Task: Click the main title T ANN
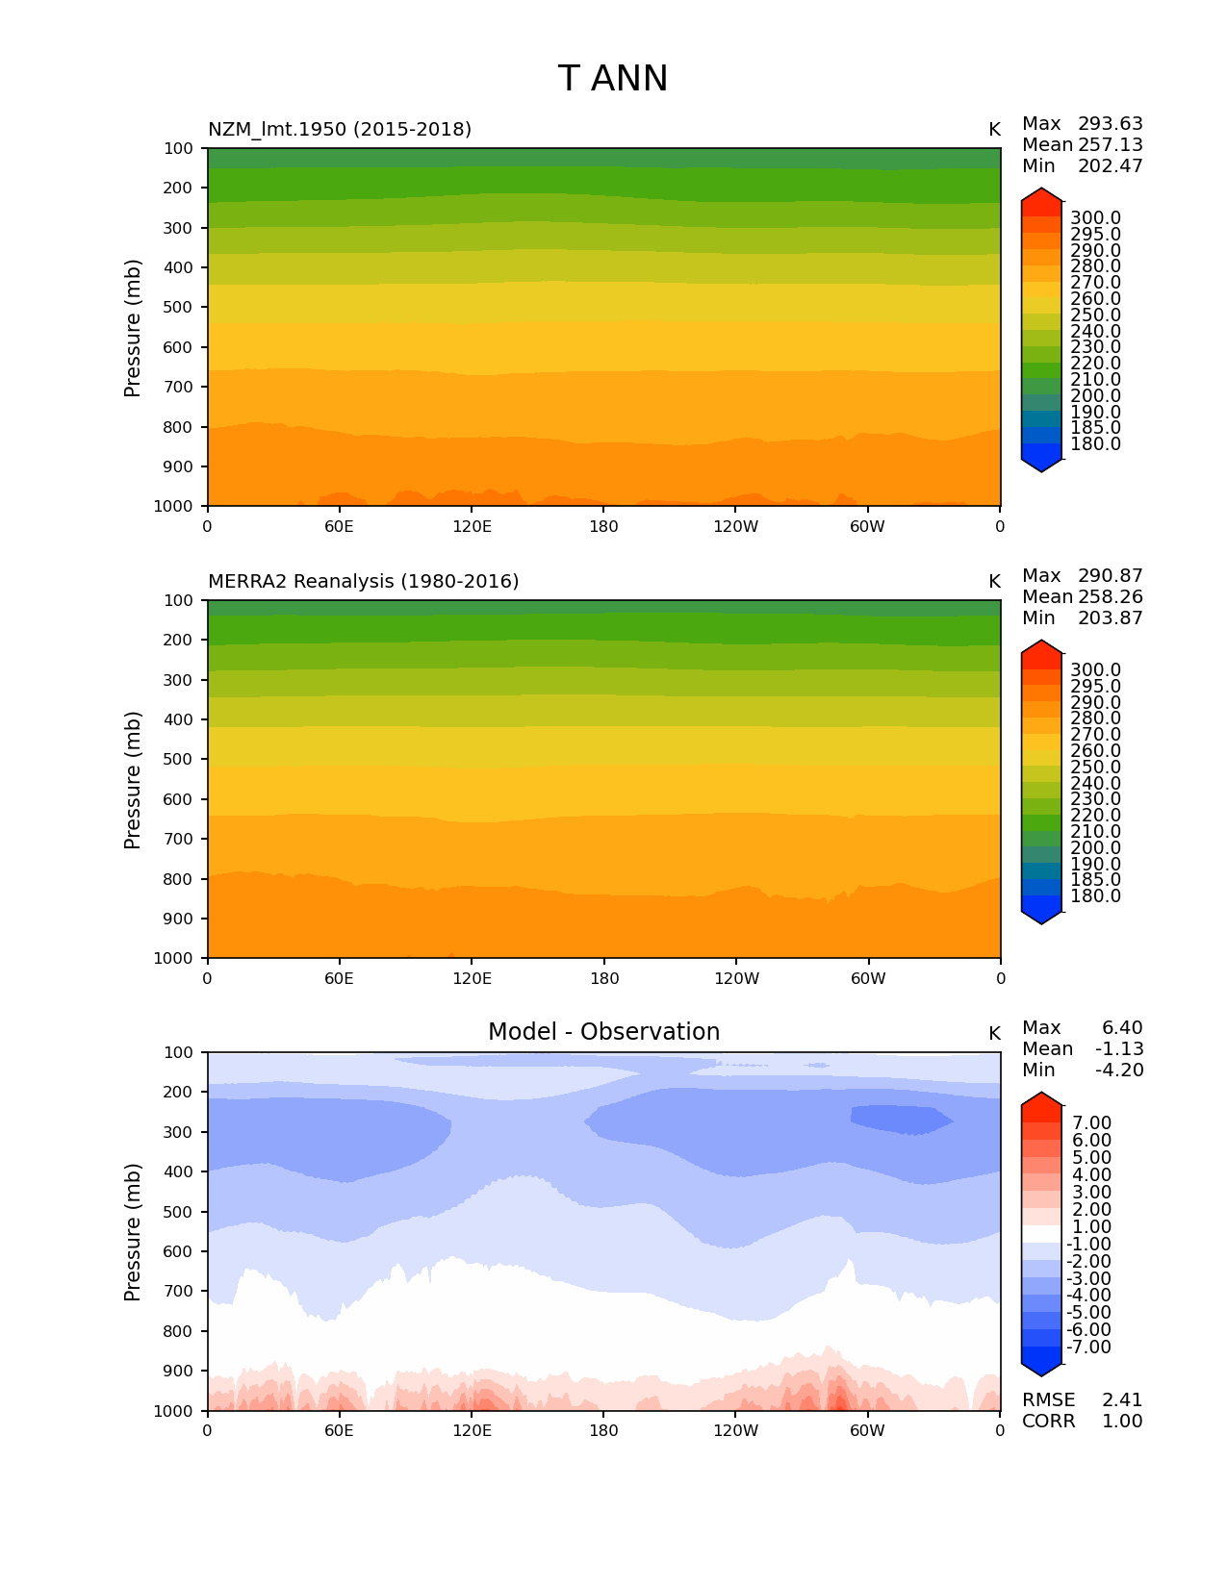click(612, 79)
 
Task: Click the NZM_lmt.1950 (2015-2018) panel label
click(340, 129)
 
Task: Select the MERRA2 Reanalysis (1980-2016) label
click(363, 581)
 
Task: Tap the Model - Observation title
click(603, 1032)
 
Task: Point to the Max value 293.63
click(1110, 124)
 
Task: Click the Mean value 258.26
click(1110, 597)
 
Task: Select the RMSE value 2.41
click(1122, 1400)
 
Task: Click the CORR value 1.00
click(1122, 1422)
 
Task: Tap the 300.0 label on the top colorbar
click(1095, 218)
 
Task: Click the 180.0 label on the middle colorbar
click(1095, 896)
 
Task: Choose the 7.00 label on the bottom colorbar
click(1091, 1123)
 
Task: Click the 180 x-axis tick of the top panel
click(603, 527)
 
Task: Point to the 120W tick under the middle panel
click(736, 979)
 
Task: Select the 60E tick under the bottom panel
click(339, 1431)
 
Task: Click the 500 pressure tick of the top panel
click(180, 308)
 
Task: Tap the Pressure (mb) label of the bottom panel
click(133, 1232)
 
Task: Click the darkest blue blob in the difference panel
click(900, 1119)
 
